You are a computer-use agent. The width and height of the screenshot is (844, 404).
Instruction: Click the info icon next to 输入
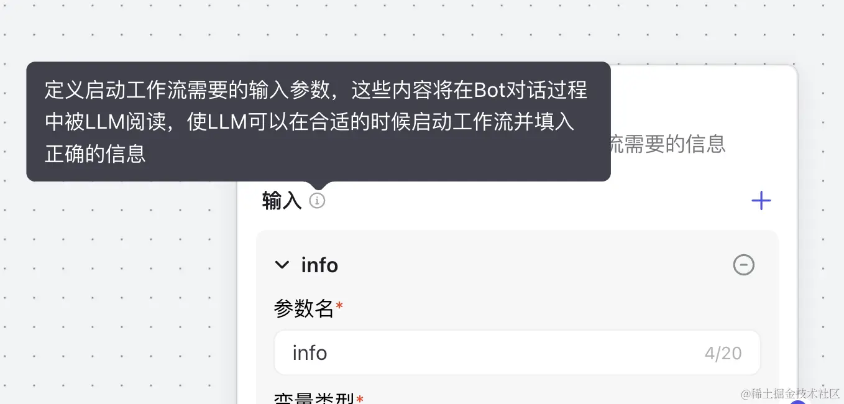(317, 201)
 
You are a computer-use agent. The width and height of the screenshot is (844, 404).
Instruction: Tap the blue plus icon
(761, 201)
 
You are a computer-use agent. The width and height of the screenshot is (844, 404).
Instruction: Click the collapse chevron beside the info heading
(282, 265)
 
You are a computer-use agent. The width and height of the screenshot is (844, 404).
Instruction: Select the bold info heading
(319, 265)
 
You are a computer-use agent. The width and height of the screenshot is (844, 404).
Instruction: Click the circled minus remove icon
(743, 265)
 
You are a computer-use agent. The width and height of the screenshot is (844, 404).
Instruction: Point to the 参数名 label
(304, 308)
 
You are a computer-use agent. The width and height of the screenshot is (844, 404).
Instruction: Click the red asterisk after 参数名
(339, 306)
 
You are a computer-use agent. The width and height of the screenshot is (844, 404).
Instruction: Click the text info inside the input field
(310, 353)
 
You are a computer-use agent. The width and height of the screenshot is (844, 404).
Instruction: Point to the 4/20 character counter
(723, 354)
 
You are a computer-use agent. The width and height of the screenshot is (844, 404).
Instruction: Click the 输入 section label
(282, 201)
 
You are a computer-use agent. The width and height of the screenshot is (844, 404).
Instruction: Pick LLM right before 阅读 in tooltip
(104, 122)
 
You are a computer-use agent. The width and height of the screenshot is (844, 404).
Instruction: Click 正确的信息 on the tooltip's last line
(95, 154)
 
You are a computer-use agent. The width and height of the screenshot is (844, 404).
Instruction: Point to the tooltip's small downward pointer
(318, 185)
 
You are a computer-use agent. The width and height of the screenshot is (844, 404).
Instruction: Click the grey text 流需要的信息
(666, 144)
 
